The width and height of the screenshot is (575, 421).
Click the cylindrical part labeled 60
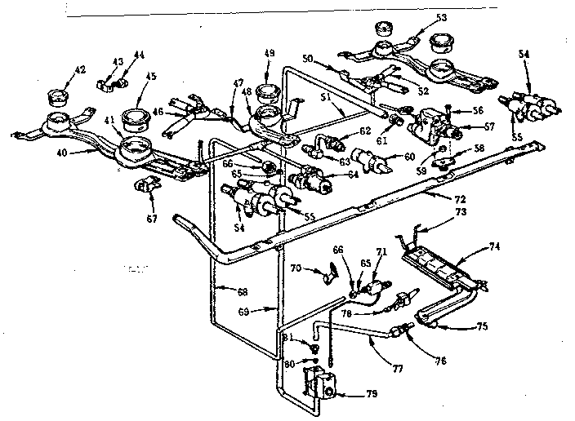(x=368, y=158)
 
